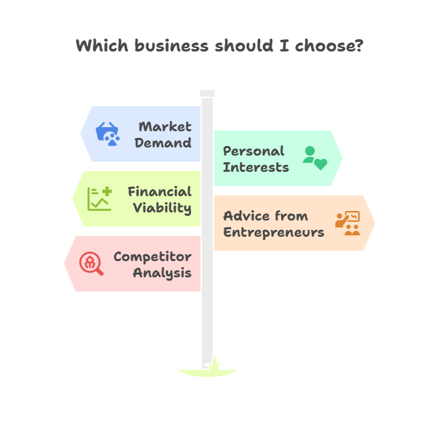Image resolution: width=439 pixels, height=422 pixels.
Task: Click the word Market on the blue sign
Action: (x=165, y=126)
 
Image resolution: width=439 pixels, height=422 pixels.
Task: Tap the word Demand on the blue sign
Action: (x=163, y=143)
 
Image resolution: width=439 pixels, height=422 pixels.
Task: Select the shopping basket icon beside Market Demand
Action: (x=107, y=134)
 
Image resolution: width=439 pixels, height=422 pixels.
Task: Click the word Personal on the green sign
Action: (x=254, y=151)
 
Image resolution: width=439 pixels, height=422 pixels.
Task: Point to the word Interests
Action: (x=256, y=167)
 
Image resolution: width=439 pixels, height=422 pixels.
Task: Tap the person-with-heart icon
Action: (x=314, y=158)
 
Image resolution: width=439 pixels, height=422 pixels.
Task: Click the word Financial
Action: (x=160, y=191)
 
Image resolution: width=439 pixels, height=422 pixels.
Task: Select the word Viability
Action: (x=162, y=208)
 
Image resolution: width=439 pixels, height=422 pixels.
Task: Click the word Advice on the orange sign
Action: (x=246, y=216)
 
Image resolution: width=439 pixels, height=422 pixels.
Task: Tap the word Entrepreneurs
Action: (x=274, y=232)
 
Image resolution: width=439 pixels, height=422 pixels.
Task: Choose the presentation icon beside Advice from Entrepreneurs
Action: (x=348, y=223)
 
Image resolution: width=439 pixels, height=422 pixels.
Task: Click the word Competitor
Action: (x=152, y=256)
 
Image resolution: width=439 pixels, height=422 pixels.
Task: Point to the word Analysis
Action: (x=162, y=273)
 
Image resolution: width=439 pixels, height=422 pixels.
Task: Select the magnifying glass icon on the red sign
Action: (x=91, y=264)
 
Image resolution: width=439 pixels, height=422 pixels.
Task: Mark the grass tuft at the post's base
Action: (x=215, y=365)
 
